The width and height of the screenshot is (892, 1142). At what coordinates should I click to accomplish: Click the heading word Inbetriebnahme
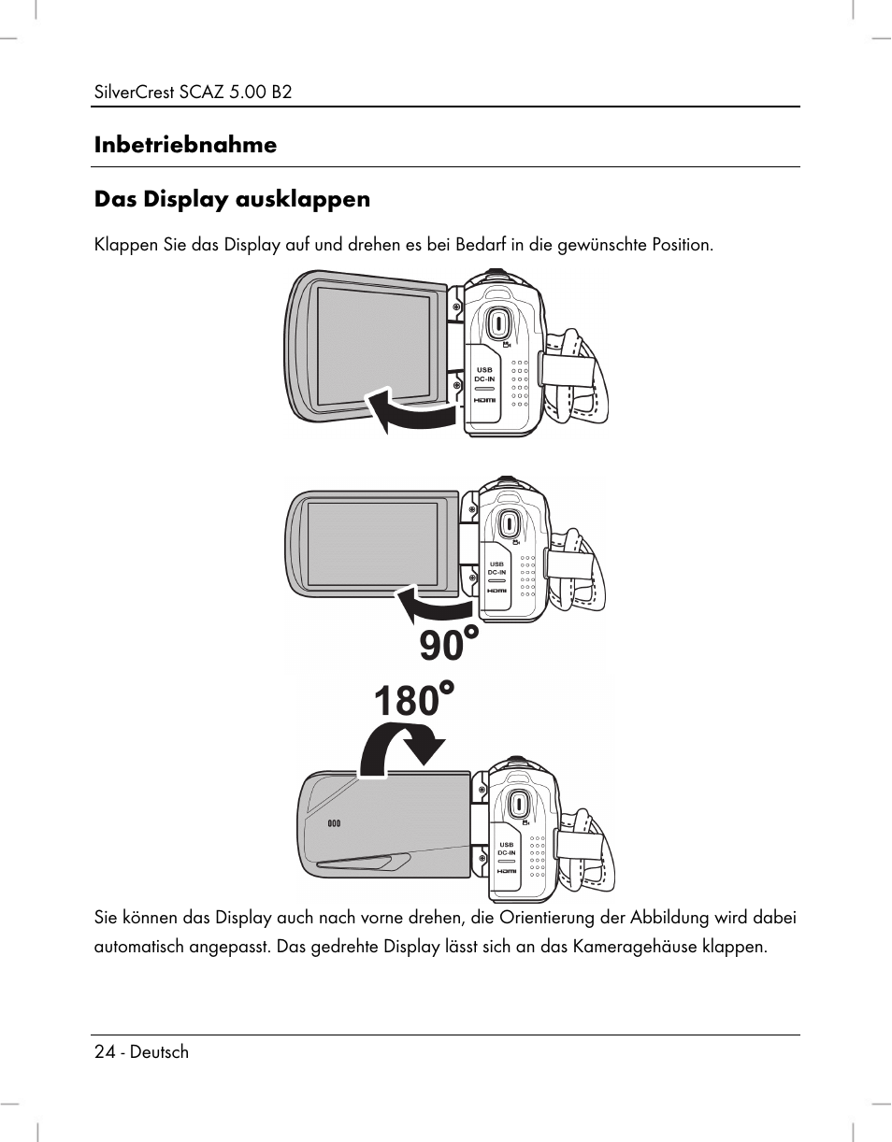(185, 145)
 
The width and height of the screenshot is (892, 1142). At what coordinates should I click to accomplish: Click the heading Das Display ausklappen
(232, 199)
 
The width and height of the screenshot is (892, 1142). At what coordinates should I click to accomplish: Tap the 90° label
(449, 646)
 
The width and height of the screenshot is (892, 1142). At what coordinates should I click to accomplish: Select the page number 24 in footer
(105, 1051)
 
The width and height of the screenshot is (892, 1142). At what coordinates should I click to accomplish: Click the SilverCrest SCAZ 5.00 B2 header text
(194, 93)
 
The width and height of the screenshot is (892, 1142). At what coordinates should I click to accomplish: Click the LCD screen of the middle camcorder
(372, 544)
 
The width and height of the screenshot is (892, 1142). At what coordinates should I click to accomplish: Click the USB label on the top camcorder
(483, 370)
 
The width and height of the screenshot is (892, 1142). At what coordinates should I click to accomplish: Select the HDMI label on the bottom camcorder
(506, 870)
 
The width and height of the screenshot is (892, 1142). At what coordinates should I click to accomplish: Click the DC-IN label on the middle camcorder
(496, 572)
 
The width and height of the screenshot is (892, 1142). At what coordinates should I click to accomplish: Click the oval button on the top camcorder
(498, 324)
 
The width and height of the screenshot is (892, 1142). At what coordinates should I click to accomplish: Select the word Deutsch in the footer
(159, 1051)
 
